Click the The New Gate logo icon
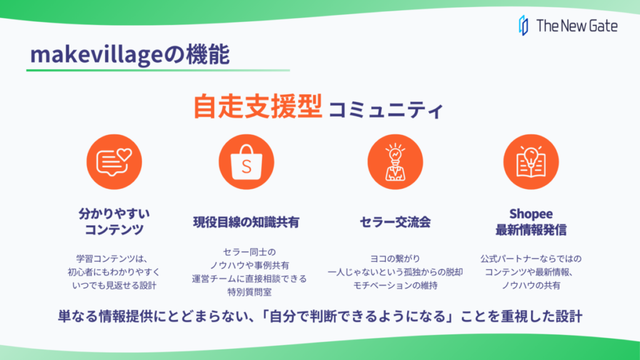(x=523, y=26)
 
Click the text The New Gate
(x=577, y=26)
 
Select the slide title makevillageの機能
(x=130, y=55)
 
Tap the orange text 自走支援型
(x=257, y=106)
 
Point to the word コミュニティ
(x=386, y=110)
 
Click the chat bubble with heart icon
(x=114, y=162)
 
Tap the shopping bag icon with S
(x=246, y=162)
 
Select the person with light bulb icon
(x=395, y=162)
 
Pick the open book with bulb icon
(x=531, y=162)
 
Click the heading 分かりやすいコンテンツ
(x=114, y=221)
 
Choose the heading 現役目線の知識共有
(x=246, y=222)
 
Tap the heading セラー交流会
(x=395, y=222)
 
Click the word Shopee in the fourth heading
(x=531, y=214)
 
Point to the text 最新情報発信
(x=531, y=230)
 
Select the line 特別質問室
(x=249, y=292)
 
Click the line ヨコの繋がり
(x=395, y=259)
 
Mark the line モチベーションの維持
(x=395, y=286)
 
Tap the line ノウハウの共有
(x=531, y=286)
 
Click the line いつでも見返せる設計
(x=114, y=286)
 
